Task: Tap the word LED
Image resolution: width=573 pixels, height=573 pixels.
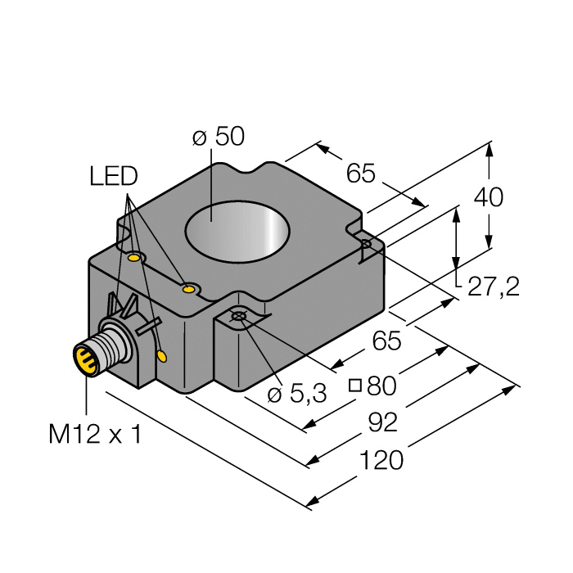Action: (114, 176)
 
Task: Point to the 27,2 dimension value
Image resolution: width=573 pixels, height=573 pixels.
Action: (492, 286)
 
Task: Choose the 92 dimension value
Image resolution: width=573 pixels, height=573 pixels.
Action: (382, 422)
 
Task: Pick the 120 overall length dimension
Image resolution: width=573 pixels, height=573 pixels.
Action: (381, 461)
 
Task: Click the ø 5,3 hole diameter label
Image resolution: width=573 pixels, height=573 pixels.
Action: (297, 394)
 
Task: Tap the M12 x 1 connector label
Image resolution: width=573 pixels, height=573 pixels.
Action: (94, 434)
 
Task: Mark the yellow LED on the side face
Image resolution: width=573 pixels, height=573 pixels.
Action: (162, 356)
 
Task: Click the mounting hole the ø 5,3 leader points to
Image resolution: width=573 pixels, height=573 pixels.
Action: (238, 317)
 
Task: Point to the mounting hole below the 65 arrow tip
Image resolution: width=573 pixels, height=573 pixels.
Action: (366, 244)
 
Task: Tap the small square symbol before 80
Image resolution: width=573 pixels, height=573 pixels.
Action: (355, 385)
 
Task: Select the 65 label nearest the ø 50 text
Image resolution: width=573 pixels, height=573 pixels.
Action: (360, 174)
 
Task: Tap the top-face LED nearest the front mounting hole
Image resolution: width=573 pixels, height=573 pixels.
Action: (190, 288)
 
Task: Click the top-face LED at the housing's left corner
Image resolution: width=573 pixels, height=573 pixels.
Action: (133, 258)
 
